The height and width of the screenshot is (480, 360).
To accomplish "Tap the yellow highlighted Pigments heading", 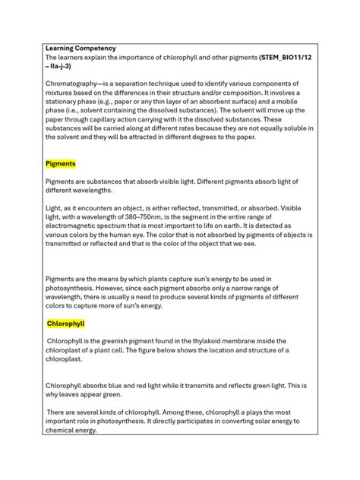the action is [61, 164].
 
